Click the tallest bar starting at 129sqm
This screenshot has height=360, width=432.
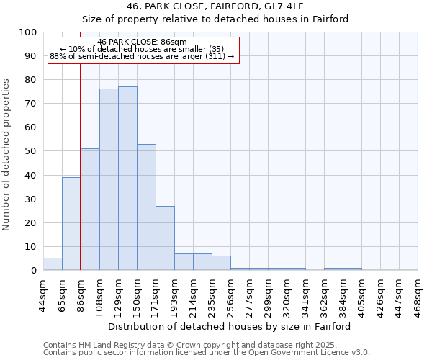pyautogui.click(x=127, y=179)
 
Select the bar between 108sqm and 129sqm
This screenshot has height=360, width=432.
pyautogui.click(x=109, y=179)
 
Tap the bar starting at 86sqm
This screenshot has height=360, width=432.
pyautogui.click(x=90, y=210)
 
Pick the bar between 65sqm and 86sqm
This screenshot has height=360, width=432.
pyautogui.click(x=71, y=224)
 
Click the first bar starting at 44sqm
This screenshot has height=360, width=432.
pyautogui.click(x=53, y=264)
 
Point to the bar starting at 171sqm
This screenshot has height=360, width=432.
pyautogui.click(x=165, y=238)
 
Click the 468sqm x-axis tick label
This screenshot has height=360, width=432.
pyautogui.click(x=418, y=294)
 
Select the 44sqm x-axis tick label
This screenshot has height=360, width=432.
pyautogui.click(x=43, y=294)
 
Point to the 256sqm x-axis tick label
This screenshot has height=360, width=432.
pyautogui.click(x=230, y=294)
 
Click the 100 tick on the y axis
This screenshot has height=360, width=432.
pyautogui.click(x=28, y=32)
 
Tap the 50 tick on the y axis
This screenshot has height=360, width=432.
pyautogui.click(x=31, y=151)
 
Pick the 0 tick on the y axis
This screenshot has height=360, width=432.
pyautogui.click(x=34, y=271)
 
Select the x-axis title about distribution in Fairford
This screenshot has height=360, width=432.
pyautogui.click(x=230, y=326)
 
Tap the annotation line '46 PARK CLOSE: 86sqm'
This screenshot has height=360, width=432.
pyautogui.click(x=142, y=42)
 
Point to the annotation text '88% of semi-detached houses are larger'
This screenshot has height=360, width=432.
pyautogui.click(x=142, y=56)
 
